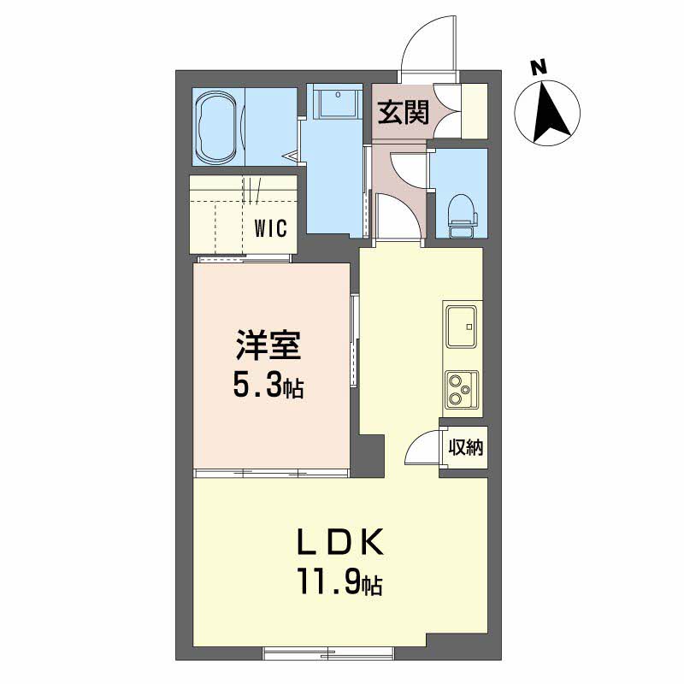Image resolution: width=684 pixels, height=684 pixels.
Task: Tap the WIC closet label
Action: (x=274, y=228)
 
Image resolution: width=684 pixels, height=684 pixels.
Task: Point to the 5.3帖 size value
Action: (x=268, y=387)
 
